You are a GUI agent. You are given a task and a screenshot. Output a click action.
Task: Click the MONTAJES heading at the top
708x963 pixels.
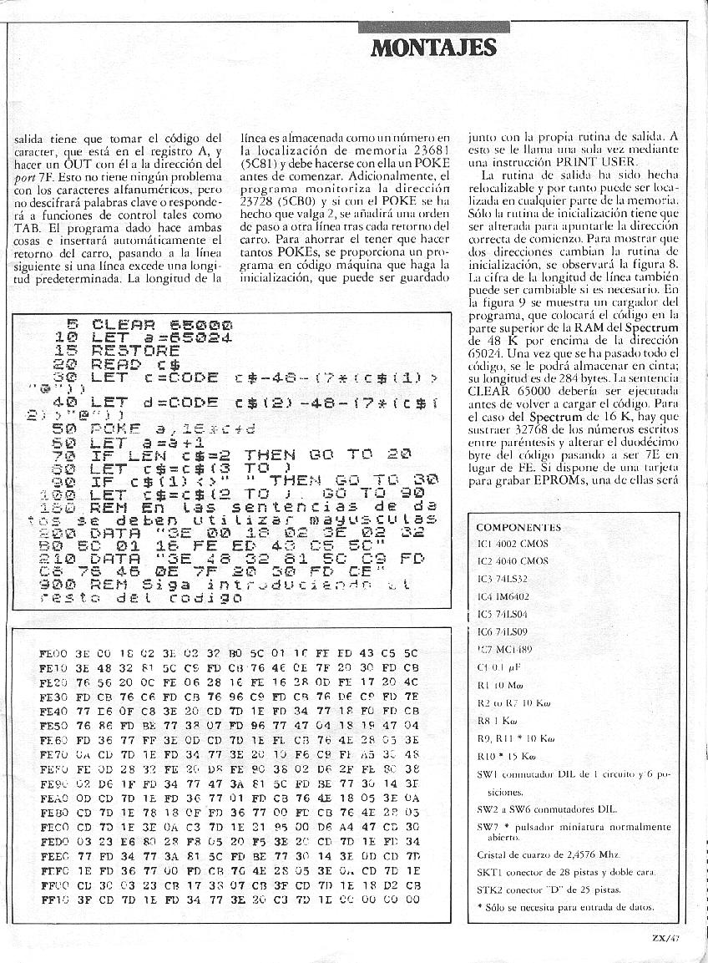coord(433,47)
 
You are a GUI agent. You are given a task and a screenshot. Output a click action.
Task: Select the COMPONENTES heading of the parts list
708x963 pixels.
coord(518,527)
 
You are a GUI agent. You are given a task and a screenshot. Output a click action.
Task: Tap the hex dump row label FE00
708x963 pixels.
coord(53,653)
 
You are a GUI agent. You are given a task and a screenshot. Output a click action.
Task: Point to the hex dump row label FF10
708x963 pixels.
coord(53,901)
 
